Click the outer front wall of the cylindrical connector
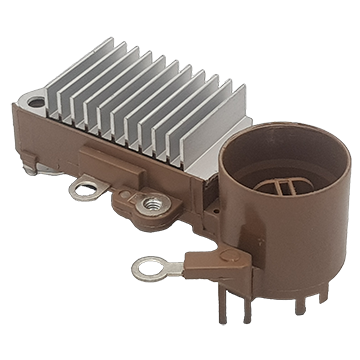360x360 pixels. (270, 240)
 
